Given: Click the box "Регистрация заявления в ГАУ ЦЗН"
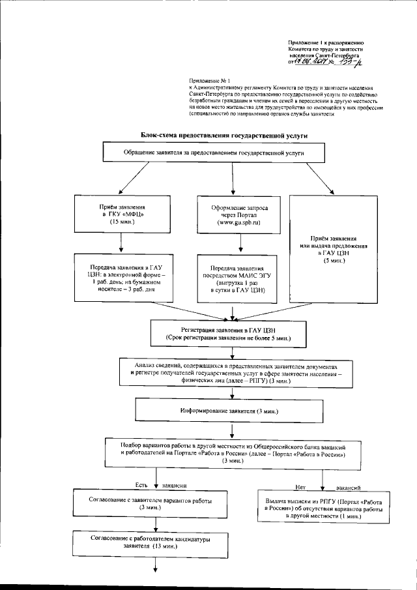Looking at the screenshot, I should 227,334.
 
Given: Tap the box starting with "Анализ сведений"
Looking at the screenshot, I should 235,374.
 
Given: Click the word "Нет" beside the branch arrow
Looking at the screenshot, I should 300,487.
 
